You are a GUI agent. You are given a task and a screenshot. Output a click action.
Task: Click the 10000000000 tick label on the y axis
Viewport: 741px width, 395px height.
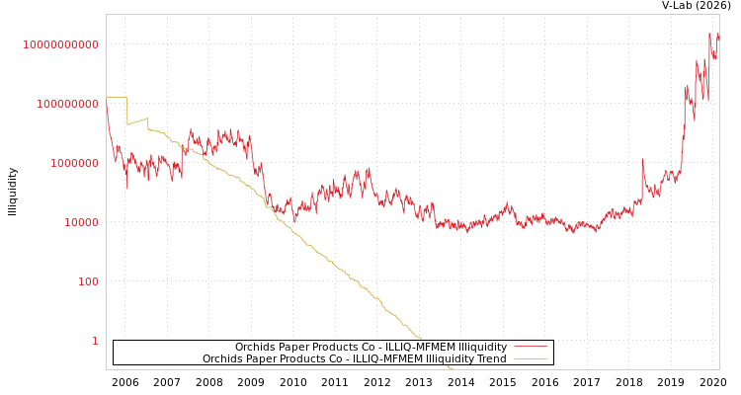pos(61,44)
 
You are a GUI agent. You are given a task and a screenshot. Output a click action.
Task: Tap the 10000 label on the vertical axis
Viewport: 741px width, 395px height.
pos(81,222)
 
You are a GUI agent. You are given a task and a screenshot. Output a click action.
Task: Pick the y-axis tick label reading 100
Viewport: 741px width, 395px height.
pos(88,281)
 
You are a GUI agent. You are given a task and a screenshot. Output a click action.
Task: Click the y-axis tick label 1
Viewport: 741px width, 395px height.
pos(95,341)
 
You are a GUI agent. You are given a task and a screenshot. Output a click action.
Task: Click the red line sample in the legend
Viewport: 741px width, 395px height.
pos(531,347)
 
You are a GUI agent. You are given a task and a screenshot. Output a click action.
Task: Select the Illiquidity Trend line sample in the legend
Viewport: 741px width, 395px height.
pos(531,358)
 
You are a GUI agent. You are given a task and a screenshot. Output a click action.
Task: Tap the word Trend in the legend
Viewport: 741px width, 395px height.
pos(491,358)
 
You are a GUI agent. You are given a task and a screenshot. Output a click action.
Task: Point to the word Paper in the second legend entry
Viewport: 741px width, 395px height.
pos(259,358)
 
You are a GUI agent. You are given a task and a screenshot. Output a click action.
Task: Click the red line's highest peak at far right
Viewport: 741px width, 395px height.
pos(709,34)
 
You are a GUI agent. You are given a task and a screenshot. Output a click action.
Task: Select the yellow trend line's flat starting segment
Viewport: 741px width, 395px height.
pos(116,97)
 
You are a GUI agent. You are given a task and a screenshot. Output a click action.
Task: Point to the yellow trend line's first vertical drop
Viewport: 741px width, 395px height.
pos(126,111)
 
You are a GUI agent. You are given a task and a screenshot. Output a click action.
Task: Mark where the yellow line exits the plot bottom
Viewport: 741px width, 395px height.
pos(452,368)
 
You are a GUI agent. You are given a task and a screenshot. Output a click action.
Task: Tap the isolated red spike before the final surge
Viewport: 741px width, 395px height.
pos(642,160)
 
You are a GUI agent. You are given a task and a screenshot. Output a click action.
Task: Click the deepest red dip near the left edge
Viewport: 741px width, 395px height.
pos(126,188)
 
